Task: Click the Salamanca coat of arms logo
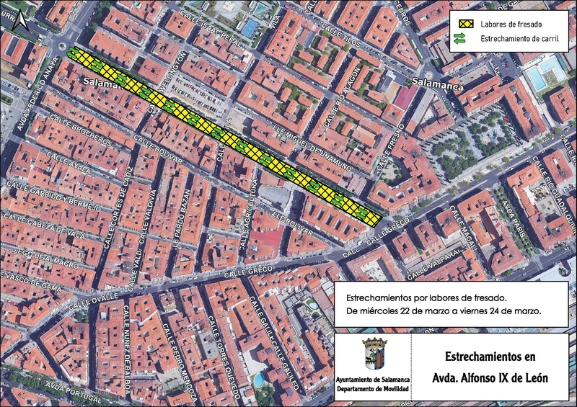(371, 355)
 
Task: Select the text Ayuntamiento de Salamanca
(371, 380)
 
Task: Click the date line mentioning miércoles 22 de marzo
(444, 310)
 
